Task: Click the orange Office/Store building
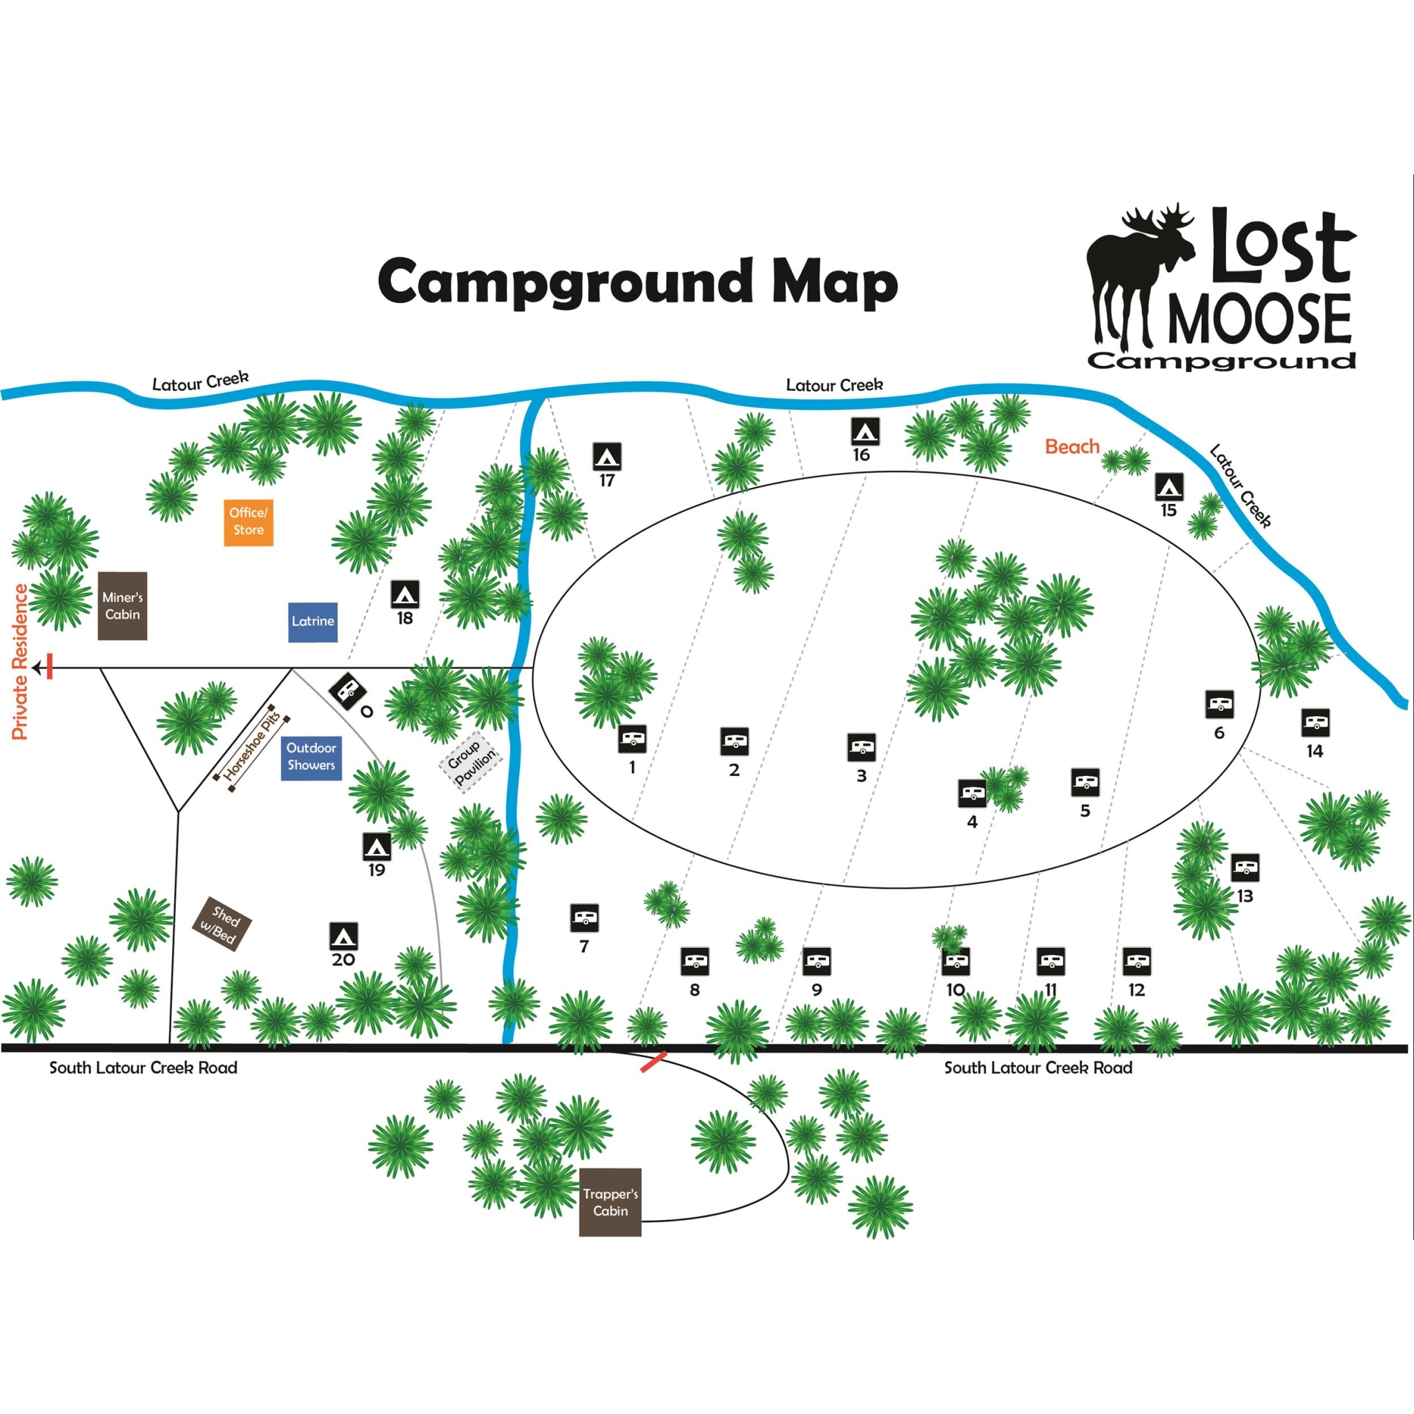coord(248,521)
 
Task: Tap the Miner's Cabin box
coord(122,606)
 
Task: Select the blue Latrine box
coord(313,621)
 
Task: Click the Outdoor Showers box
coord(311,757)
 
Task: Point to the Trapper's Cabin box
coord(610,1202)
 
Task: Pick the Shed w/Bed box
coord(221,924)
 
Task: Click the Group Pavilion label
coord(471,761)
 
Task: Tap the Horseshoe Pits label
coord(252,748)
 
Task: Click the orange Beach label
coord(1072,447)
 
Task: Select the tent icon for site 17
coord(607,456)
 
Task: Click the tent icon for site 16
coord(864,431)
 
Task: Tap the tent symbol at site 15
coord(1169,487)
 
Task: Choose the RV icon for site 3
coord(862,747)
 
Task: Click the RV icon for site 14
coord(1315,723)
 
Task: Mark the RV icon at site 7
coord(584,917)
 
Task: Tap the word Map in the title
coord(834,282)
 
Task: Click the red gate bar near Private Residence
coord(50,667)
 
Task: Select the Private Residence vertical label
coord(20,662)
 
